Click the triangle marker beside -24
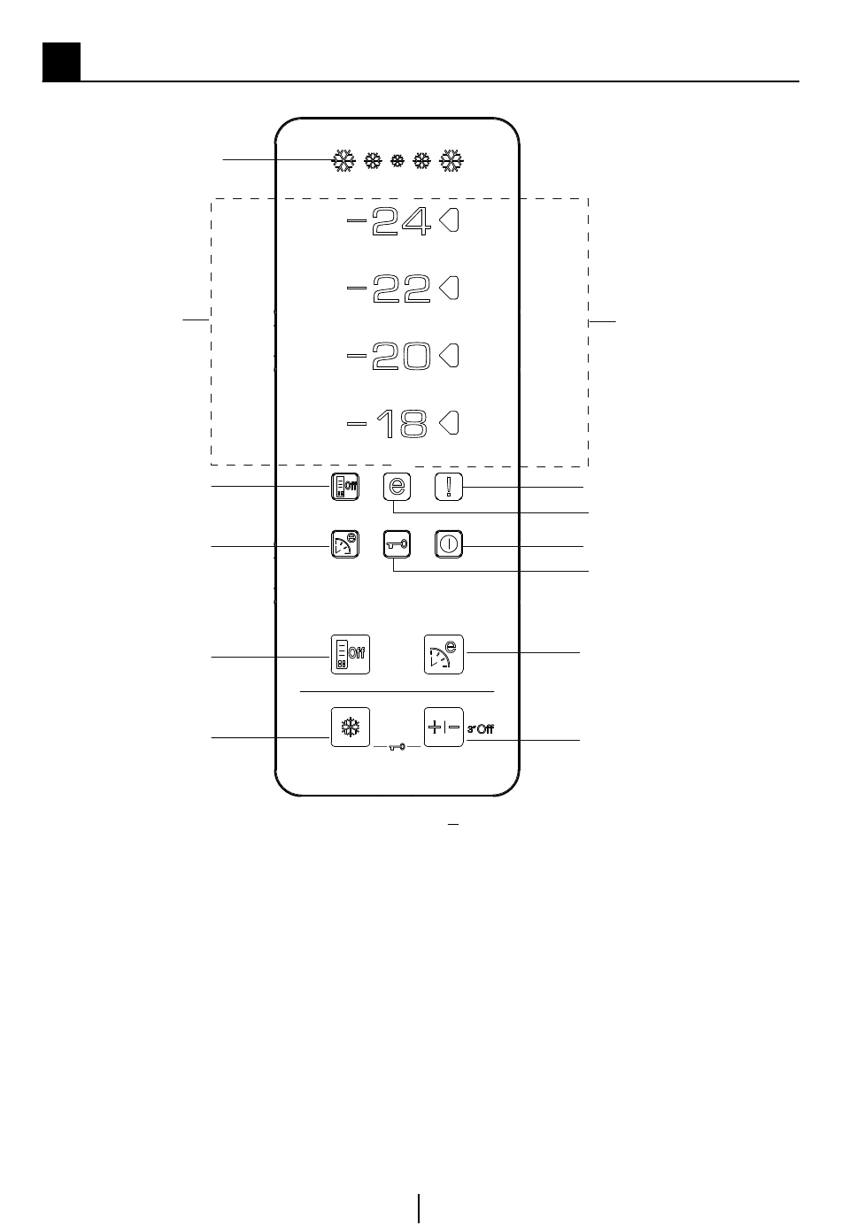coord(450,221)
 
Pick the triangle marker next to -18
coord(450,424)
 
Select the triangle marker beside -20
coord(450,356)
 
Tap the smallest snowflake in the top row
coord(397,161)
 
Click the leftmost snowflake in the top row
coord(343,161)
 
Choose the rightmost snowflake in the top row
coord(452,161)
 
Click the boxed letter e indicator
coord(397,487)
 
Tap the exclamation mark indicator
coord(449,487)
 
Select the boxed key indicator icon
coord(397,544)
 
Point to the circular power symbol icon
coord(449,544)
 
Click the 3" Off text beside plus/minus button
coord(481,729)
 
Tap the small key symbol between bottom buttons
coord(397,747)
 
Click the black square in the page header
coord(61,61)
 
